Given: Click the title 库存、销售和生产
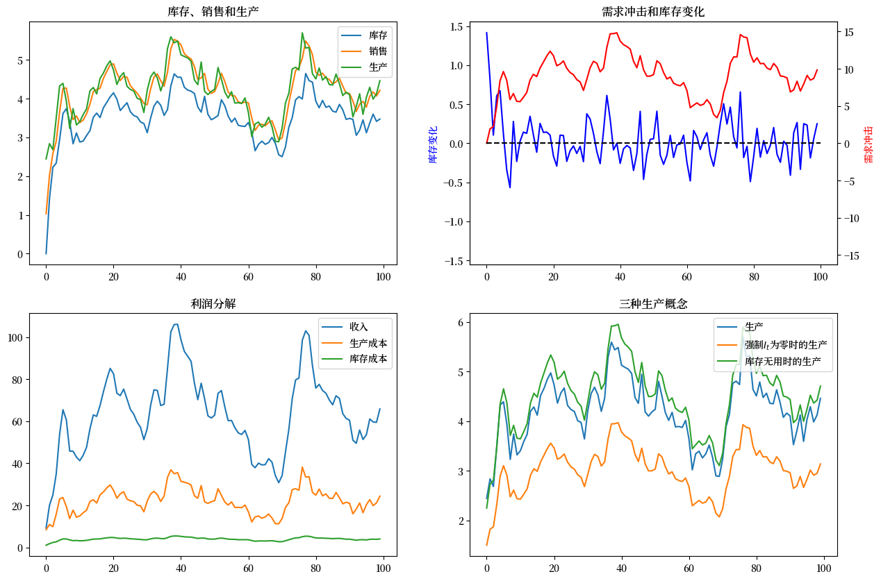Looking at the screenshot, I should click(213, 12).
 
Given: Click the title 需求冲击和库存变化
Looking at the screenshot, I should click(653, 12).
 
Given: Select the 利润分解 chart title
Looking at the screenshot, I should click(213, 303).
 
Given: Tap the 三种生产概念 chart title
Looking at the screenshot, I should click(653, 303).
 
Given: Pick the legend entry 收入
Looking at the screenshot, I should click(359, 326).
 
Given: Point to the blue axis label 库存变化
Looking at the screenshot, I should click(434, 144).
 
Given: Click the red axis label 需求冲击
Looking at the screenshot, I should click(868, 144).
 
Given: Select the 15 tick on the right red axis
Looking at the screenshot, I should click(849, 32).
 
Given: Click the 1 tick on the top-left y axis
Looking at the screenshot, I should click(20, 215).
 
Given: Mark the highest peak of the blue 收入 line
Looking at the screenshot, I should click(174, 324).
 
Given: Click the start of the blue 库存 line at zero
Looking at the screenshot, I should click(46, 253).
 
